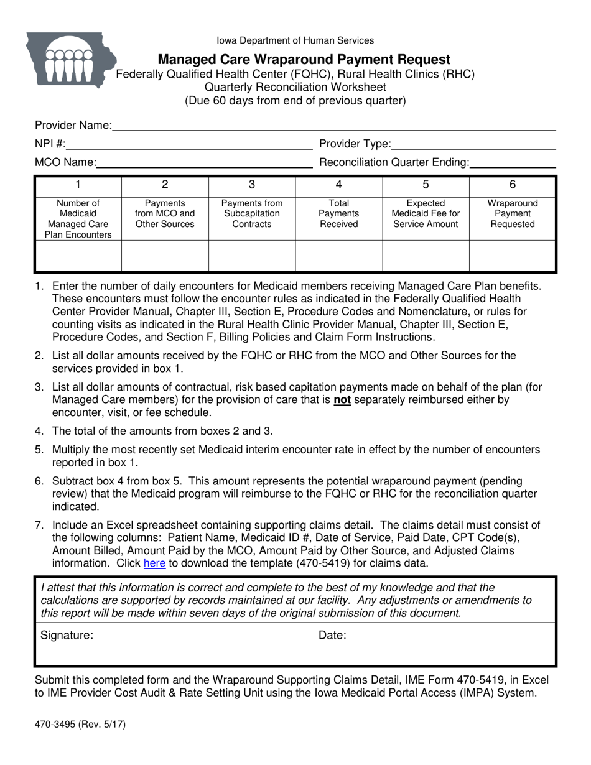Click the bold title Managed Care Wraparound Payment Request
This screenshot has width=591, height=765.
pos(304,60)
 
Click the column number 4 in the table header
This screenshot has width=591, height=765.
pos(338,184)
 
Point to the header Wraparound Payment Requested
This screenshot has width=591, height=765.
pos(513,213)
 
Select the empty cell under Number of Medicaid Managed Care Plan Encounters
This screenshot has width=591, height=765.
pos(78,256)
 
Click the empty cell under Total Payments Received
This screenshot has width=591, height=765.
pos(338,256)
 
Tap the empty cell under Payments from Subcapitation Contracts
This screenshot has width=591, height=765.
pos(251,256)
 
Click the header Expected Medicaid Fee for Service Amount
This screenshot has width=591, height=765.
pos(426,213)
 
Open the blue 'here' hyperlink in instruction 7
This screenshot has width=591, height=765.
pos(154,563)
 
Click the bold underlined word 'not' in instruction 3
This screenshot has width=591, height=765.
pos(342,400)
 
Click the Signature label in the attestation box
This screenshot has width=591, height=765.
pos(67,635)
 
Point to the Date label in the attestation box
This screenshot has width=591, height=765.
pos(332,635)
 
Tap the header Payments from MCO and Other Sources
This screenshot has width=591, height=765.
pos(165,213)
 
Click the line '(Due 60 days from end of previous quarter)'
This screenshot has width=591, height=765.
pos(295,101)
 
